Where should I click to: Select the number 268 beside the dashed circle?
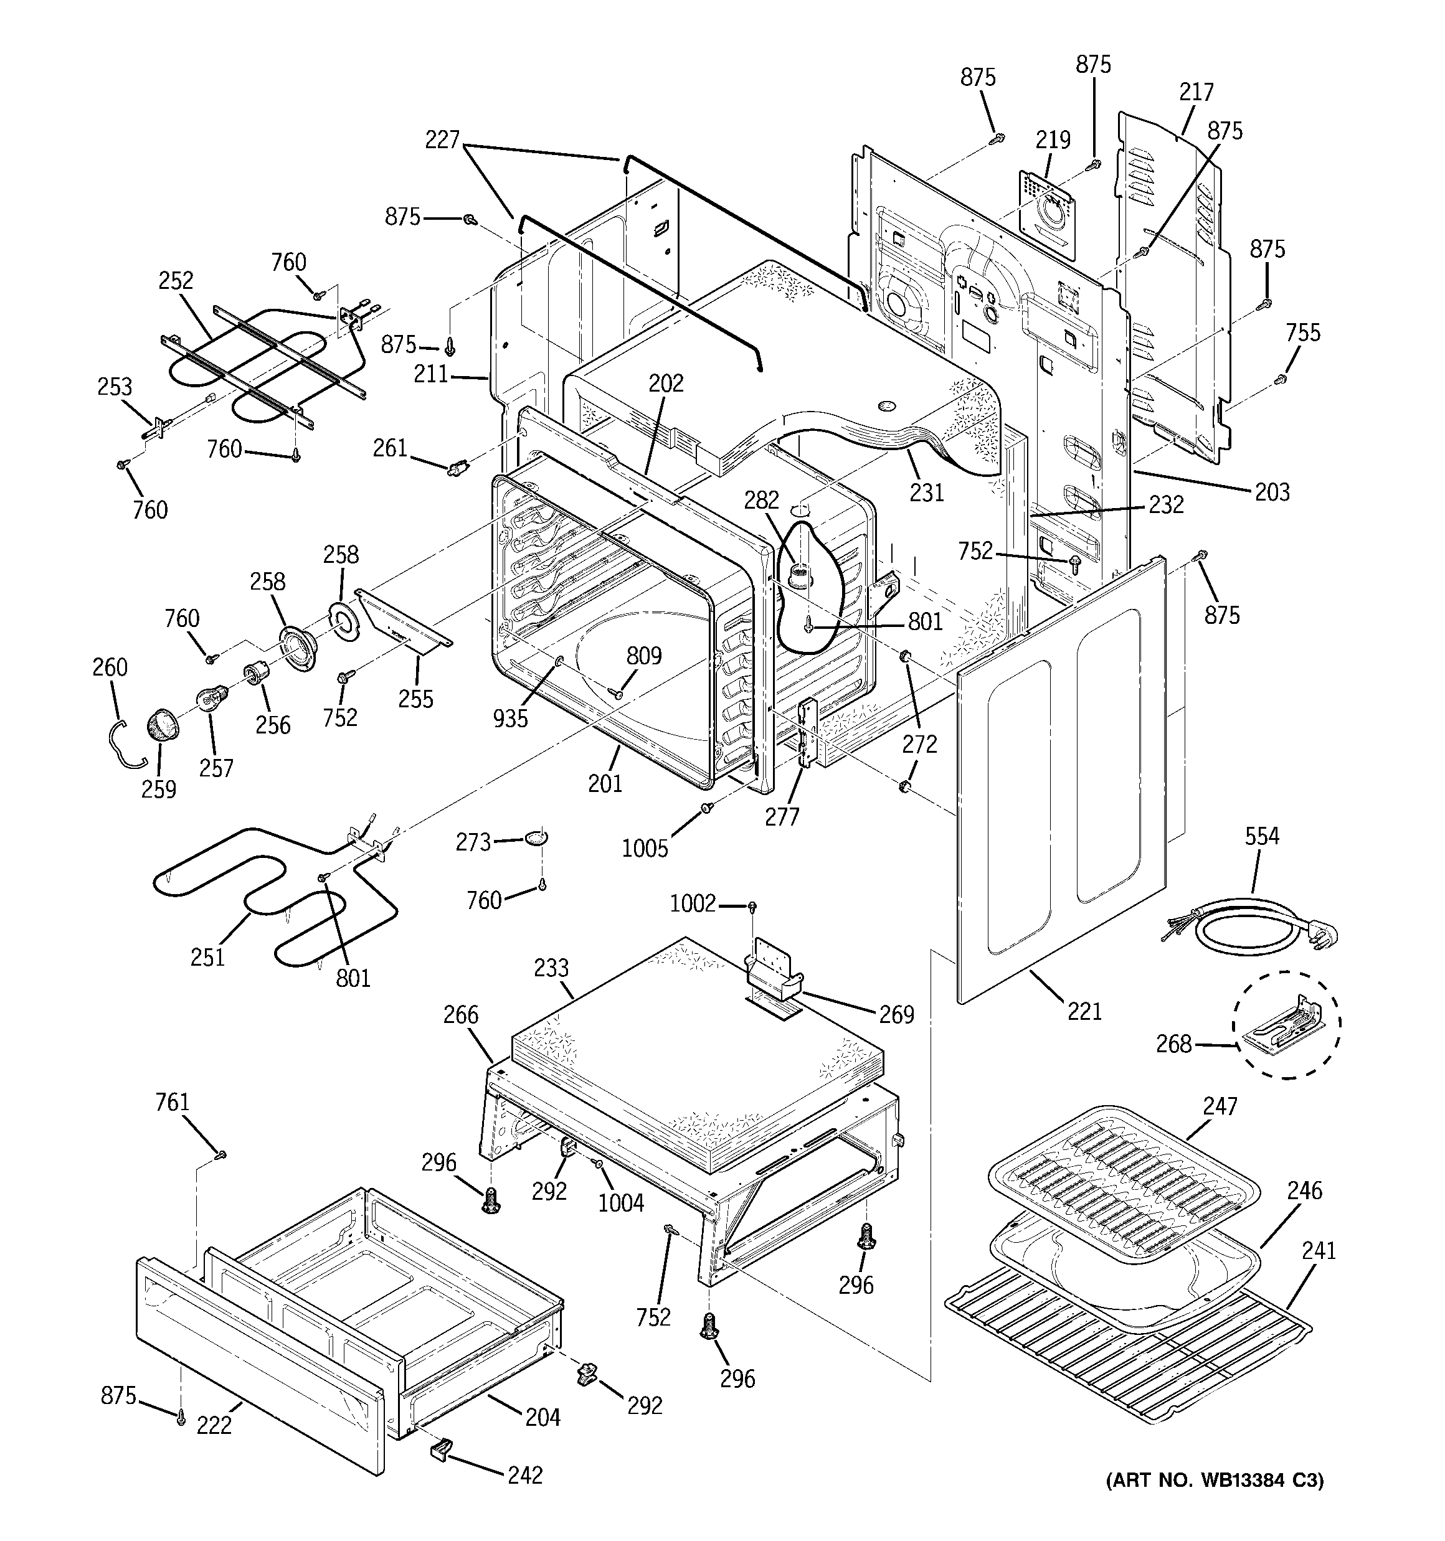[1173, 1044]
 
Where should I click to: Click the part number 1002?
[693, 904]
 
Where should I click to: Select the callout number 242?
[524, 1474]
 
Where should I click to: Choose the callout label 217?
[1196, 92]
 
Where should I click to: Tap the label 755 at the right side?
[1302, 332]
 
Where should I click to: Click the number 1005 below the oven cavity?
[645, 849]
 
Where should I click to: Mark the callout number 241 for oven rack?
[1319, 1250]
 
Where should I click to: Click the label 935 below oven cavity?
[510, 719]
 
